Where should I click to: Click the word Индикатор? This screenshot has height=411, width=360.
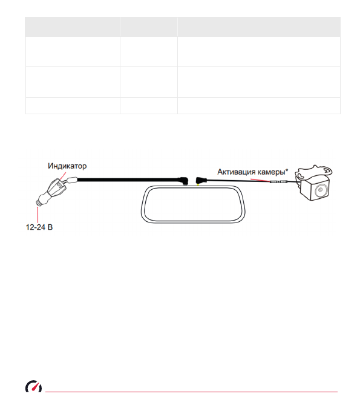coord(67,166)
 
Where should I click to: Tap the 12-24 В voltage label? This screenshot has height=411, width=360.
coord(39,227)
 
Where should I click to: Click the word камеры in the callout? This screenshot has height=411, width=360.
coord(272,172)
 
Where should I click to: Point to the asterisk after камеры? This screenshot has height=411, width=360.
coord(287,170)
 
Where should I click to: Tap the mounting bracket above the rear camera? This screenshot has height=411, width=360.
coord(313,172)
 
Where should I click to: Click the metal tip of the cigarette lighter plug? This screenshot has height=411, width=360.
coord(38,202)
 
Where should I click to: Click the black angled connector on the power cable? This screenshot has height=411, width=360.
coord(183,181)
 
